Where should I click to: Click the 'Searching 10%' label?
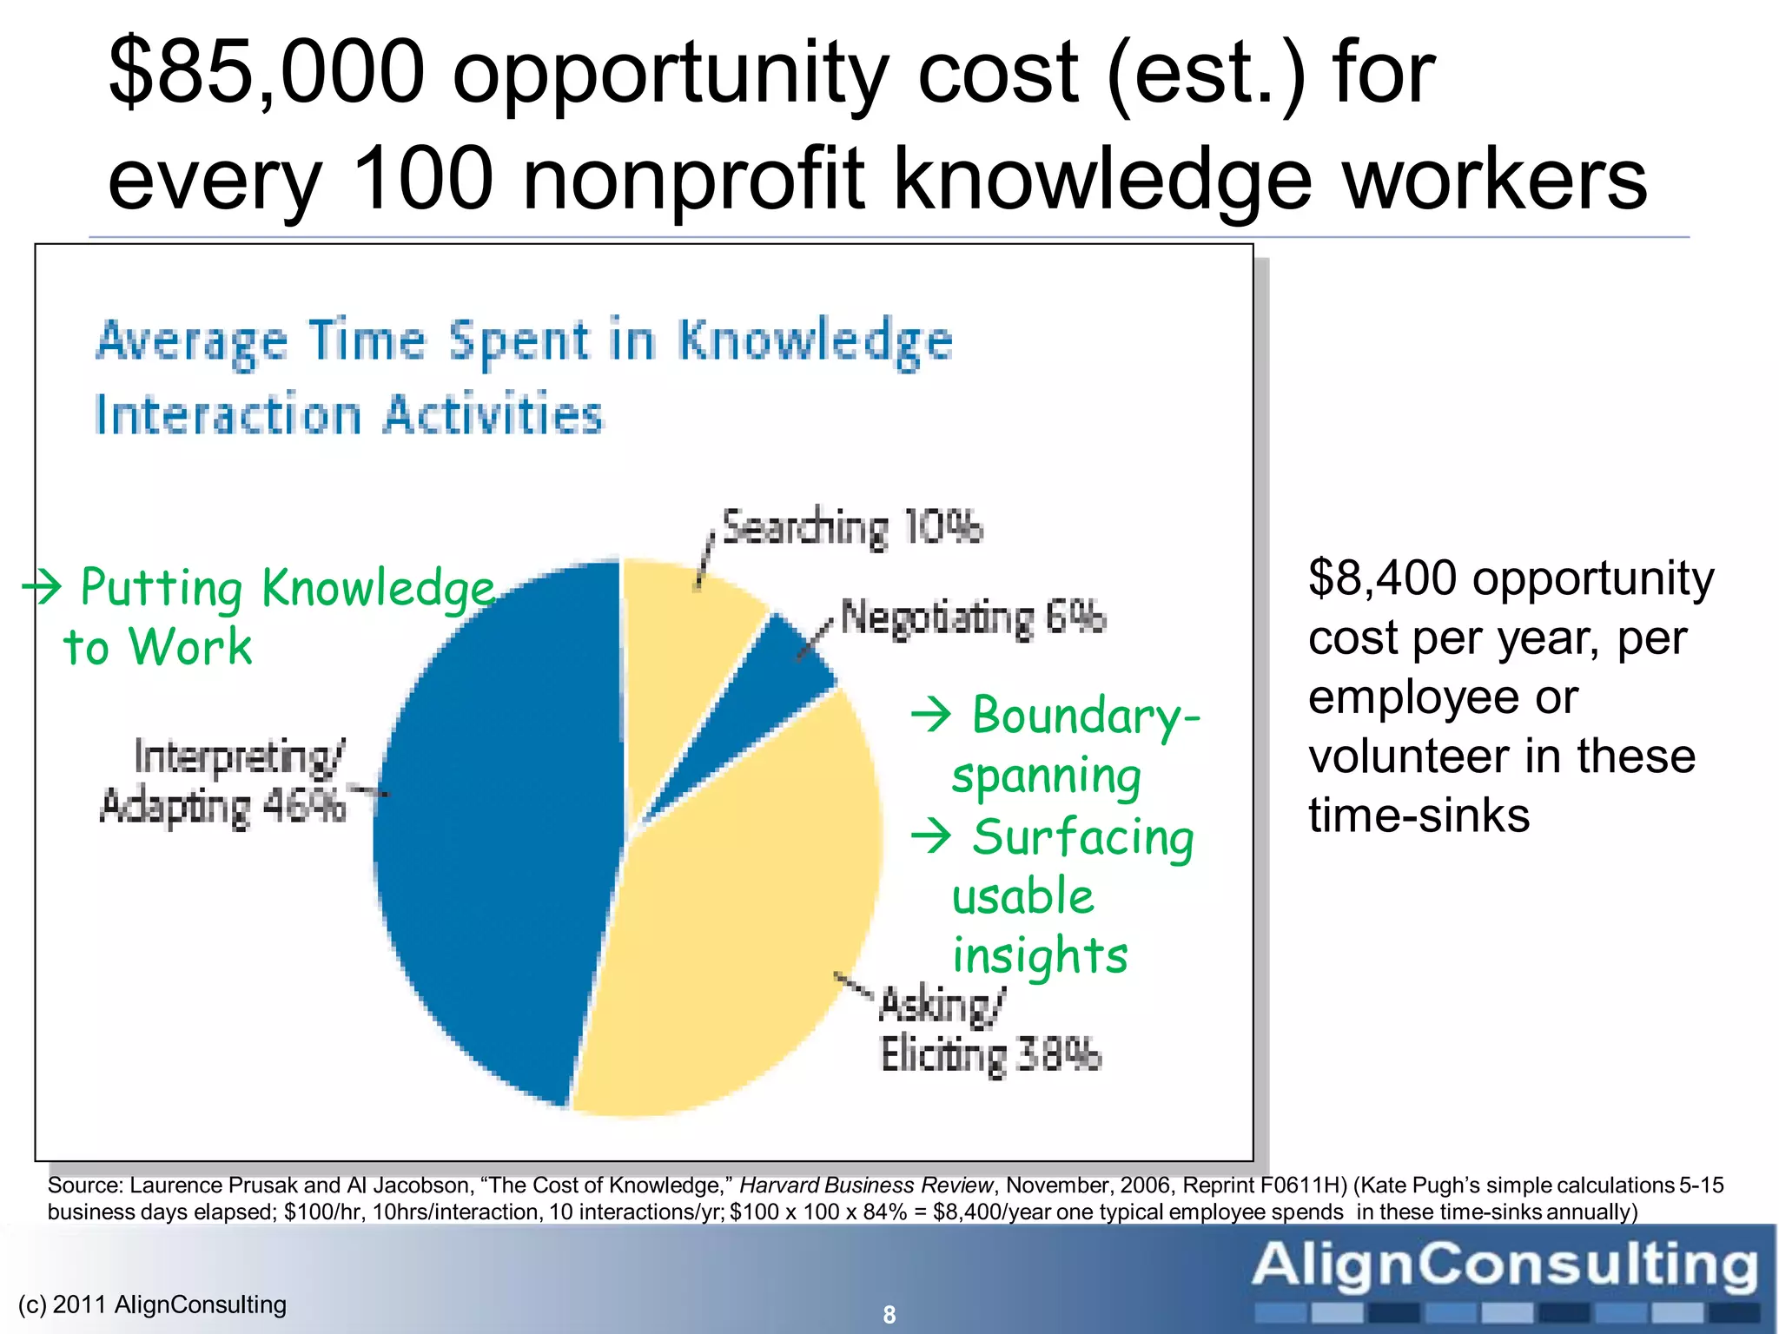coord(852,527)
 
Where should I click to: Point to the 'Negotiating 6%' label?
coord(973,618)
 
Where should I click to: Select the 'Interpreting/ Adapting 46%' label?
coord(223,782)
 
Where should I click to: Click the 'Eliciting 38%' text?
coord(990,1056)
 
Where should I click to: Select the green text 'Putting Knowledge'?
coord(287,589)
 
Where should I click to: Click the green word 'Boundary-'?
coord(1086,717)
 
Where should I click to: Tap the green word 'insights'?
coord(1040,955)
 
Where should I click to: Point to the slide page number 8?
coord(889,1315)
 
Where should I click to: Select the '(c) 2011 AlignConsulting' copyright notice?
coord(152,1304)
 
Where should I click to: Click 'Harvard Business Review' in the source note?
coord(865,1185)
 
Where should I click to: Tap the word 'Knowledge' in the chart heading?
coord(815,341)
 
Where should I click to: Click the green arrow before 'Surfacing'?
coord(932,837)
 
